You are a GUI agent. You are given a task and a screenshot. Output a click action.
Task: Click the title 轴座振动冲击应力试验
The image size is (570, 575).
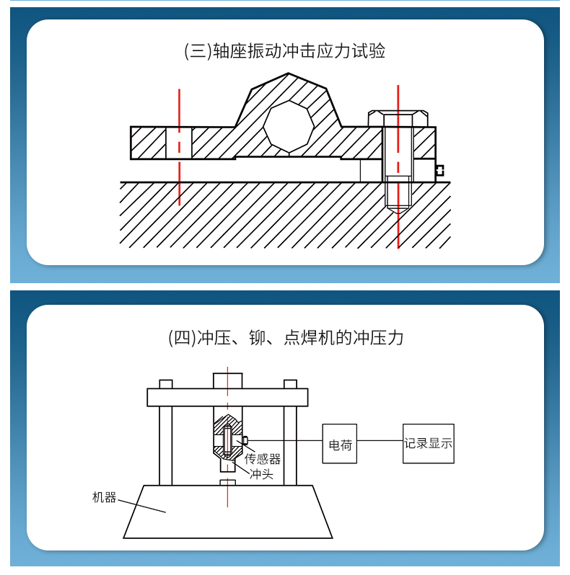tap(284, 51)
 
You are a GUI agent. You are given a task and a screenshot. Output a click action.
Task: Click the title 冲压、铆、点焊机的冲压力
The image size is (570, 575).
tap(284, 337)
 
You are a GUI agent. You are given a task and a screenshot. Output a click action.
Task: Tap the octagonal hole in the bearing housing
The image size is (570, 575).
tap(289, 127)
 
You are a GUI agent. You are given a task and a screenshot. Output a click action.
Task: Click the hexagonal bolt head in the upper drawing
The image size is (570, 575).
tap(398, 118)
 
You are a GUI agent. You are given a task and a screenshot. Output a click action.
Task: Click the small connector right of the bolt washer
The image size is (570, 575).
tap(439, 171)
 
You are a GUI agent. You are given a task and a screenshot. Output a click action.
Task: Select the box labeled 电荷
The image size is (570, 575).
tap(339, 444)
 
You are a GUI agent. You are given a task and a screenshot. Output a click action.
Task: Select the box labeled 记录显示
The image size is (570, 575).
tap(429, 444)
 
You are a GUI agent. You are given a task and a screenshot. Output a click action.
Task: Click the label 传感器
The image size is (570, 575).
tap(263, 459)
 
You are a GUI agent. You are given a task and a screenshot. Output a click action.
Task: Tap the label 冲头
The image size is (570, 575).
tap(261, 474)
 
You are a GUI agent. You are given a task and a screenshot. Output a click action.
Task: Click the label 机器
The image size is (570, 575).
tap(104, 497)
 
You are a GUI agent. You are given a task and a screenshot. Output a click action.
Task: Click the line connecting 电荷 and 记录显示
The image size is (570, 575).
tap(380, 440)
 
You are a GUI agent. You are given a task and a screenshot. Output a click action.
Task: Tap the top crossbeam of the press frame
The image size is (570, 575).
tap(227, 397)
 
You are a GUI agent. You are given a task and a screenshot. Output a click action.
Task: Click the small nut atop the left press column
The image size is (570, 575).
tap(166, 384)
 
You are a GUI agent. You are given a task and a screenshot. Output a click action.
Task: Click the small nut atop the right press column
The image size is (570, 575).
tap(290, 384)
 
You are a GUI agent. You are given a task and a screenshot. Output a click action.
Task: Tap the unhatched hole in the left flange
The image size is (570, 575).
tap(179, 143)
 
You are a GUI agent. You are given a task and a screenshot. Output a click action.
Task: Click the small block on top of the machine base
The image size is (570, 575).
tap(227, 481)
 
